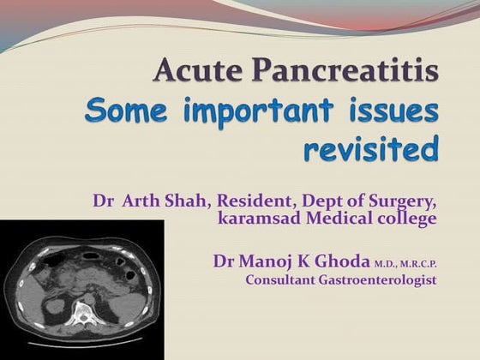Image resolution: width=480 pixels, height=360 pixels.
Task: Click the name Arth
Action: coord(144,202)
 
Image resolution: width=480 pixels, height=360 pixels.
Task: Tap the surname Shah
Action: coord(191,202)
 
